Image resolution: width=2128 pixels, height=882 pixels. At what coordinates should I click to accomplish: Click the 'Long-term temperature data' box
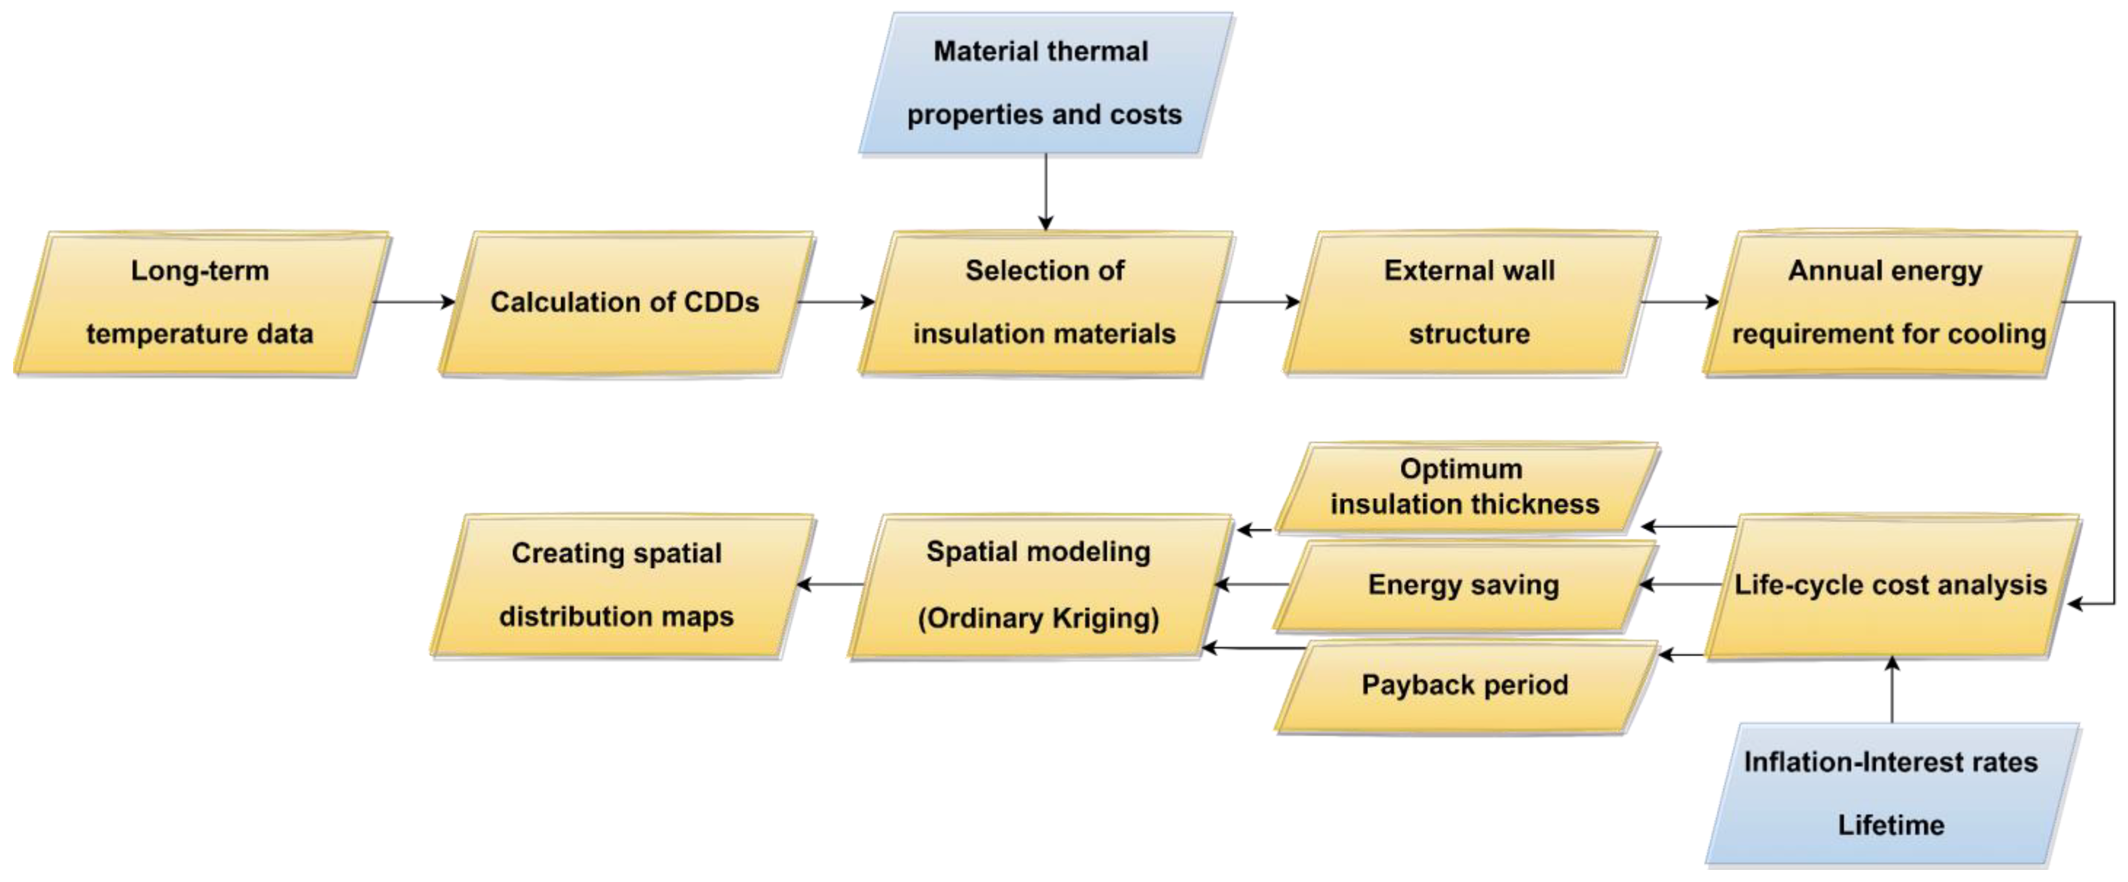[201, 303]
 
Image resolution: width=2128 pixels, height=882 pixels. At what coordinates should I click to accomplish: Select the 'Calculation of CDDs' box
[625, 303]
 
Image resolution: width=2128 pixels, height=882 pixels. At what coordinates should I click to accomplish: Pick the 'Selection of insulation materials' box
[1045, 303]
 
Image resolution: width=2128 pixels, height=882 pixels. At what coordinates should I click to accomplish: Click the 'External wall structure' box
[1470, 303]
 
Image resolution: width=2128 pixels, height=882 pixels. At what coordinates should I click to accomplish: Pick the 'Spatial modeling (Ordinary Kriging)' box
[1038, 586]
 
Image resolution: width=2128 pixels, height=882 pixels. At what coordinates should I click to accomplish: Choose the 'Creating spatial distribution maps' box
[617, 586]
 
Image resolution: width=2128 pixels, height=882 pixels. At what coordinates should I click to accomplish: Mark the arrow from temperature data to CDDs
[413, 302]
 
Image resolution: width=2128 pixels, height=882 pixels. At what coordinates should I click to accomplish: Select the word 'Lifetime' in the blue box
[1891, 825]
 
